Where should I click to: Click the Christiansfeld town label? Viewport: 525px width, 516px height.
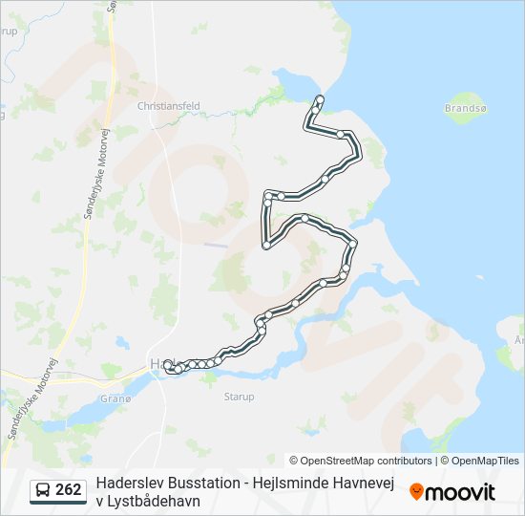pyautogui.click(x=167, y=106)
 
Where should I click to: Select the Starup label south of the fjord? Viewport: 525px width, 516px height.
pyautogui.click(x=239, y=396)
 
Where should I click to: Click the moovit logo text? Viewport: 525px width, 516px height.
pyautogui.click(x=461, y=492)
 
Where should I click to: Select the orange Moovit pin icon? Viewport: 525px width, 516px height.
pyautogui.click(x=416, y=492)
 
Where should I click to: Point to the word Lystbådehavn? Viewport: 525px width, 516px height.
pyautogui.click(x=157, y=501)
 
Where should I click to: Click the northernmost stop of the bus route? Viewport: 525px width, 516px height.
pyautogui.click(x=320, y=99)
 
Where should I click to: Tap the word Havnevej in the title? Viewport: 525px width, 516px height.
pyautogui.click(x=367, y=484)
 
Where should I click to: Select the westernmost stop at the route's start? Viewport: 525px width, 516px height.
pyautogui.click(x=168, y=365)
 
